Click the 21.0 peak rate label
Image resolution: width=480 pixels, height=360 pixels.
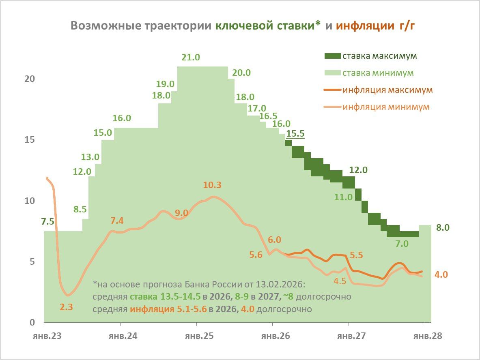(191, 58)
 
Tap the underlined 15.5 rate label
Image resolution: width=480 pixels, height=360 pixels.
(295, 133)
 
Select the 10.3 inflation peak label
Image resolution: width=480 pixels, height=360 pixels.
(212, 185)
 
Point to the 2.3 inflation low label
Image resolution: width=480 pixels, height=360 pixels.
(66, 307)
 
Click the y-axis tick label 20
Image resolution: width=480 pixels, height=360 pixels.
(29, 79)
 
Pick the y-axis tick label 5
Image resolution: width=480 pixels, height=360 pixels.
(31, 262)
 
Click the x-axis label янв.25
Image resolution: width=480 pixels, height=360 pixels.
(196, 336)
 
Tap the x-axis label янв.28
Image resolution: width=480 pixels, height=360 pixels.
(425, 336)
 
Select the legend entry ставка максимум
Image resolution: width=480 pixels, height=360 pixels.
(380, 56)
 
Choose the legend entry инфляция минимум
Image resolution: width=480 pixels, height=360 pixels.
(386, 107)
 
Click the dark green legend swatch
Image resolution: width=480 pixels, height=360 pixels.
(332, 56)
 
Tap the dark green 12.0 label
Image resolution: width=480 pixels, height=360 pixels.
(358, 170)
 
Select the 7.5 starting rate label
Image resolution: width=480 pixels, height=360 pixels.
(48, 222)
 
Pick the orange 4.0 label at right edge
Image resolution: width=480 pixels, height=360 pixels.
(441, 274)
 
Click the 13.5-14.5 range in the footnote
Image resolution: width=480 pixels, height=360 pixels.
(180, 297)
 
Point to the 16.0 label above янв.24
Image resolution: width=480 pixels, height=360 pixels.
(122, 118)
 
